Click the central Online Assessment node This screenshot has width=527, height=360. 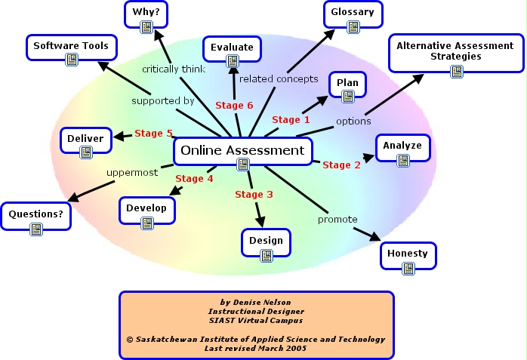click(242, 151)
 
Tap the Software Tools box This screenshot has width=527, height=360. click(71, 47)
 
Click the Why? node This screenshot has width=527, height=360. click(146, 14)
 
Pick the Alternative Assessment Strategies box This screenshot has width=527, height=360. click(455, 51)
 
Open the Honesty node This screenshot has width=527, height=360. click(408, 254)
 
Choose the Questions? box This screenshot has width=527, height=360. click(35, 214)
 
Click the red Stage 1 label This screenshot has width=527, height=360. click(291, 119)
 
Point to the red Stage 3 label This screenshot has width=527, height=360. click(254, 194)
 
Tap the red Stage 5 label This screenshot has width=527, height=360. click(153, 134)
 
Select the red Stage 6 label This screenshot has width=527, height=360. click(234, 105)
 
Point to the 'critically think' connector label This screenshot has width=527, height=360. click(173, 69)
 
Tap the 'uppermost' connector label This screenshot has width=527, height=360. click(131, 172)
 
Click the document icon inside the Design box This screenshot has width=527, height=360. click(266, 256)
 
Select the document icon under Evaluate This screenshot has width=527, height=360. click(232, 63)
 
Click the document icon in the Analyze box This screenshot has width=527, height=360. click(403, 159)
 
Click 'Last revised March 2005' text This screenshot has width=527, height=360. click(256, 349)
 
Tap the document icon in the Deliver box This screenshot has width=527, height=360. click(85, 152)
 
